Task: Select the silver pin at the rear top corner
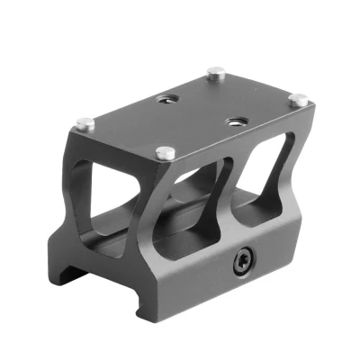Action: pos(215,71)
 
